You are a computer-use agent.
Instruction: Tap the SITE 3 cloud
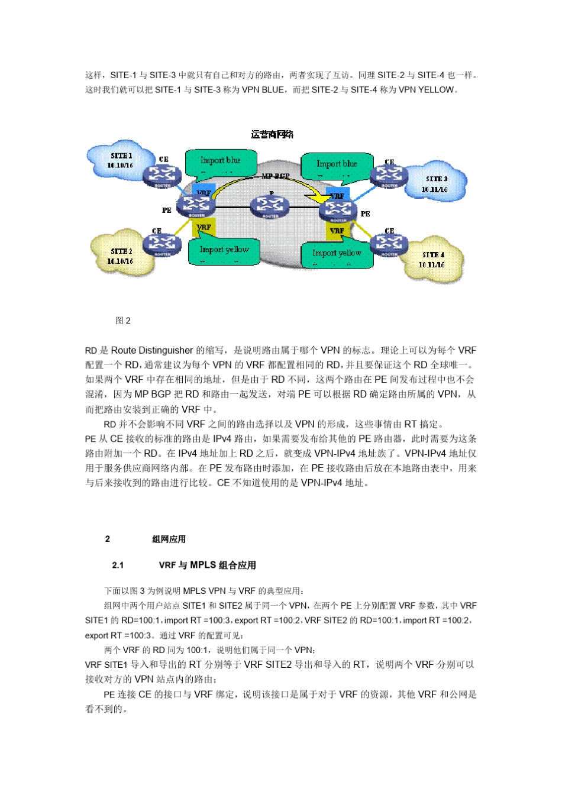[x=435, y=183]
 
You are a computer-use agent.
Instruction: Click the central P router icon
[x=270, y=206]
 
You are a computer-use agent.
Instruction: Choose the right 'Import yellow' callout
[x=337, y=254]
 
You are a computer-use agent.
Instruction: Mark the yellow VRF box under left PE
[x=204, y=227]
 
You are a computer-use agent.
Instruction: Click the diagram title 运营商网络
[x=272, y=134]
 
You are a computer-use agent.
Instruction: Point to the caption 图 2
[x=123, y=321]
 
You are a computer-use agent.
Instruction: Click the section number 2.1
[x=118, y=565]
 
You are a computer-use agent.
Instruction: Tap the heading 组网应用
[x=169, y=539]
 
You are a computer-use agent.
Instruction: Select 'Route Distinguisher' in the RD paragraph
[x=152, y=350]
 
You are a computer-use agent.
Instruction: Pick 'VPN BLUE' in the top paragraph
[x=263, y=90]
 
